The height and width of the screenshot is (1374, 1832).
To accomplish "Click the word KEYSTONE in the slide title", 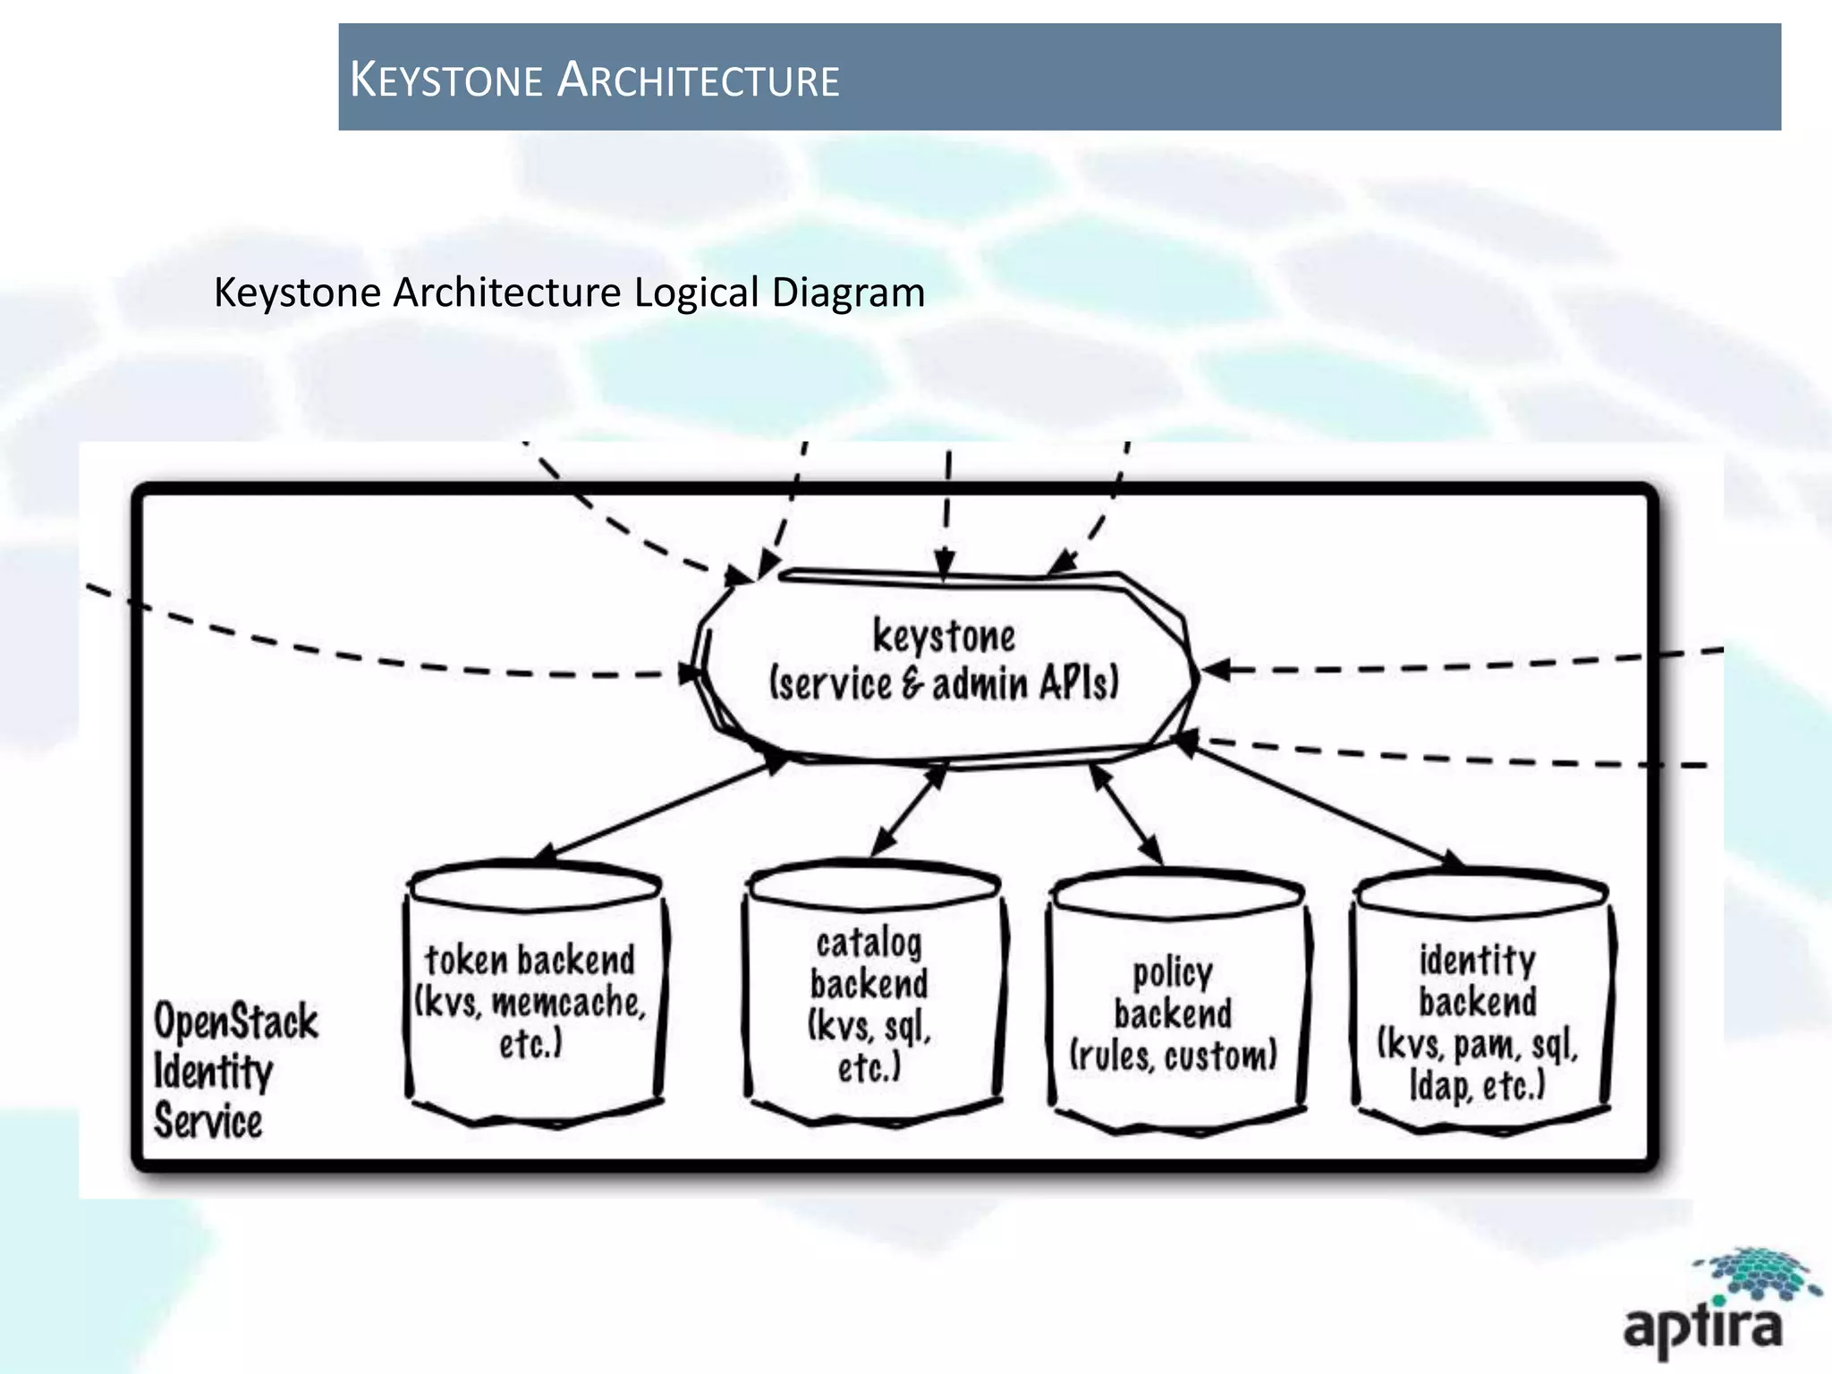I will tap(445, 80).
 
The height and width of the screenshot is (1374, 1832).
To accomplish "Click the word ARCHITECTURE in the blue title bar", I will tap(698, 80).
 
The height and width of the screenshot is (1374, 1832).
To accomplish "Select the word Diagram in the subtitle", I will tap(848, 293).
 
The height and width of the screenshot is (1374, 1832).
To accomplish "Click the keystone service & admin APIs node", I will tap(944, 662).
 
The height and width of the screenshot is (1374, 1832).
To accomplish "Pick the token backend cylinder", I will tap(533, 993).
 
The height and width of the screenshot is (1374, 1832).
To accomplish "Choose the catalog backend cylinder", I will tap(871, 993).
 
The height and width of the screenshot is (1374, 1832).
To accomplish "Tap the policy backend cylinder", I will tap(1175, 1002).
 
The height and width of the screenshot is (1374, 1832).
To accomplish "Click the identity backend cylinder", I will tap(1480, 1002).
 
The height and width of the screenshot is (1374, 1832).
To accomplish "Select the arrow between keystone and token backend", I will tap(662, 810).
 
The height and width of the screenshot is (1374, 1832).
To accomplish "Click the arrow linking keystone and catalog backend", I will tap(908, 810).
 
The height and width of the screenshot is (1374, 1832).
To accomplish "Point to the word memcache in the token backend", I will tap(569, 1004).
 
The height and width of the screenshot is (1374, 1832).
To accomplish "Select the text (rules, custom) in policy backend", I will tap(1174, 1056).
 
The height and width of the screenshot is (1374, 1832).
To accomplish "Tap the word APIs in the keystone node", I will tap(1078, 684).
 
